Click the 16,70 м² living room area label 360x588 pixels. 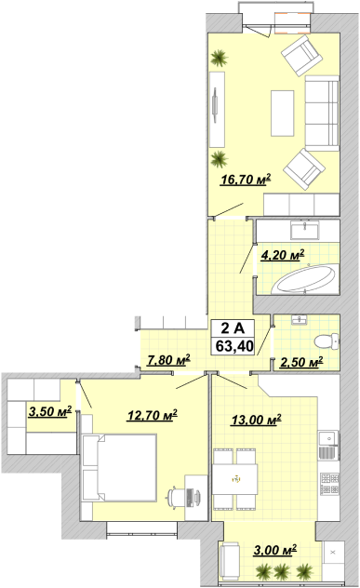point(246,180)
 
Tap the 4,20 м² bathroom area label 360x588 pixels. point(283,255)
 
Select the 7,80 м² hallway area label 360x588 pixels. point(168,360)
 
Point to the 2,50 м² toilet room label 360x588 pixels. point(301,362)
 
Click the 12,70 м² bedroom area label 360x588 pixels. point(152,415)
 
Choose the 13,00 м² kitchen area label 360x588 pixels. point(256,420)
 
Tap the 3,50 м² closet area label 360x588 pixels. point(50,412)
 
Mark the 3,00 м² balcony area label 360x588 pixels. point(275,550)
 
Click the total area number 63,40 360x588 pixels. point(234,346)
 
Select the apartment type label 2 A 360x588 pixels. point(233,328)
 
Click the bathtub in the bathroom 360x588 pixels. point(304,279)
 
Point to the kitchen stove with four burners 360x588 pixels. point(329,484)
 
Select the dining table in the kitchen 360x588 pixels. point(234,479)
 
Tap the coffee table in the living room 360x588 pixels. point(283,114)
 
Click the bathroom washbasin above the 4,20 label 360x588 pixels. point(305,230)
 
